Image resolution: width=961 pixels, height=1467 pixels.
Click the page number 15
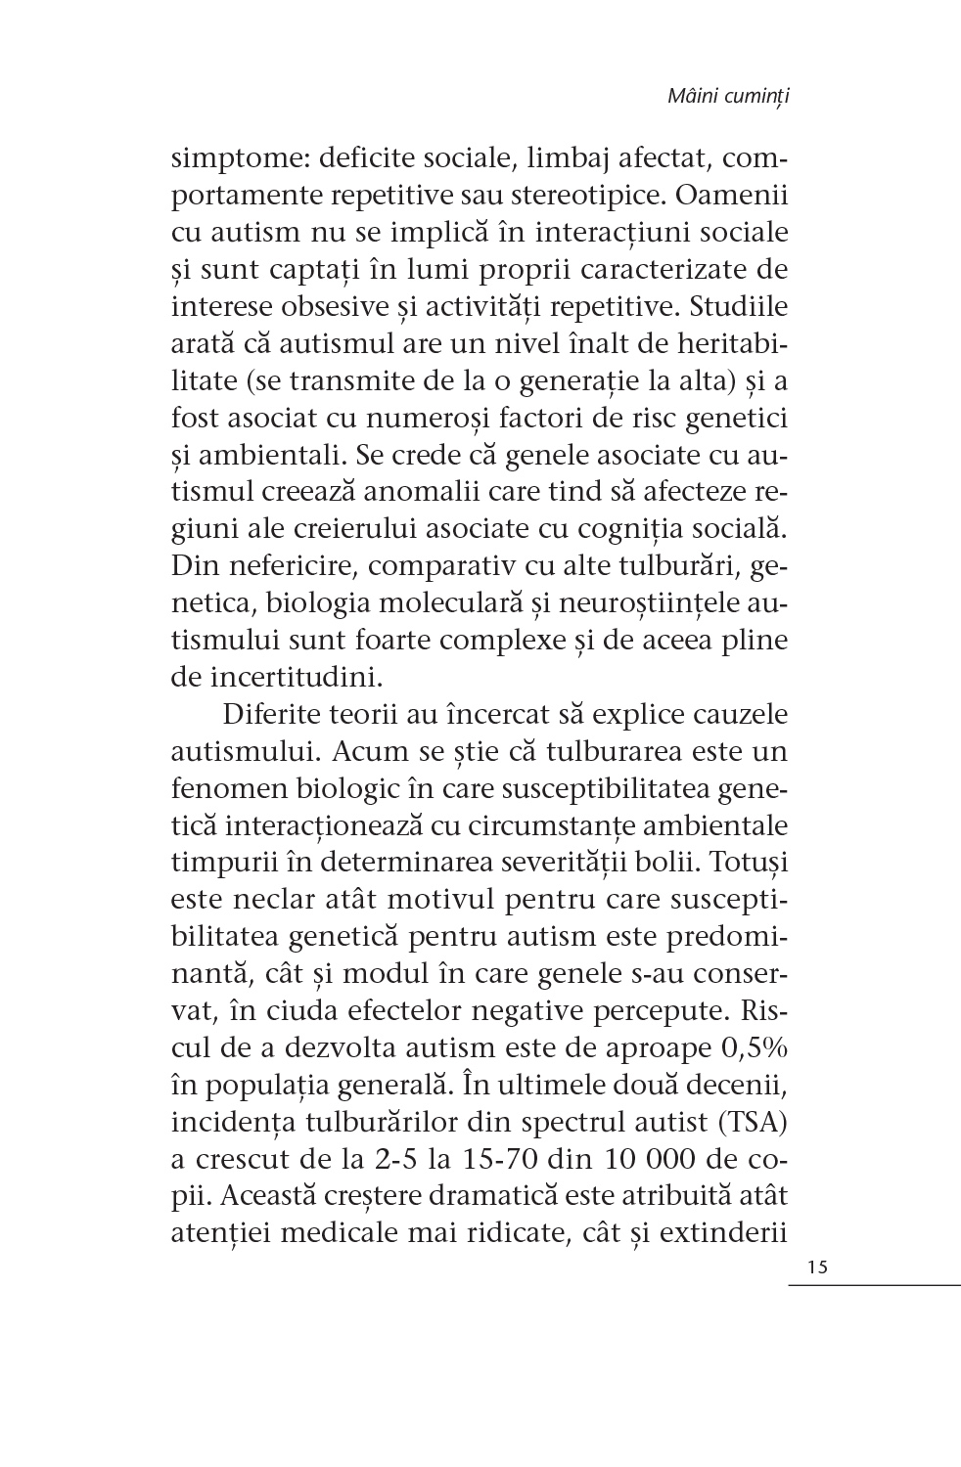pos(818,1267)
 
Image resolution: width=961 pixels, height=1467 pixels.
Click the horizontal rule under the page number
pos(874,1284)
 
